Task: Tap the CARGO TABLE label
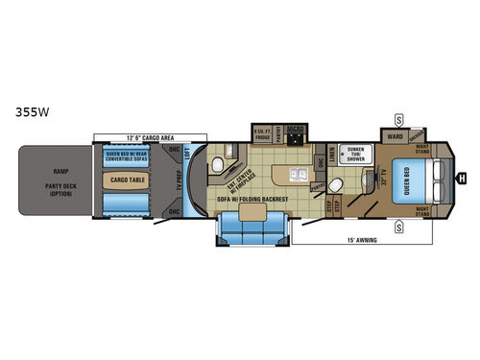[127, 178]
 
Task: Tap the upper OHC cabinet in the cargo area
[174, 152]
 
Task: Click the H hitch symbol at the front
[462, 177]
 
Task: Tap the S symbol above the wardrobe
[397, 118]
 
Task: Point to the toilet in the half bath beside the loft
[218, 166]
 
